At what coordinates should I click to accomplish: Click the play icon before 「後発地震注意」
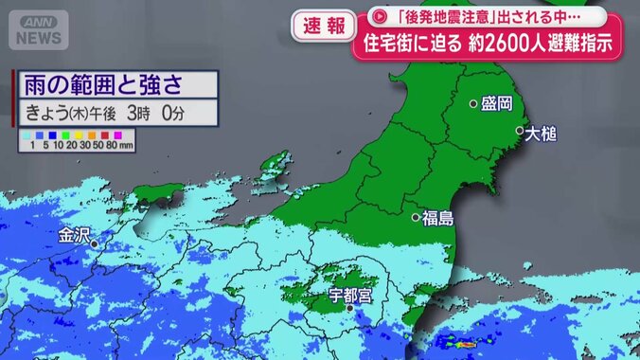[379, 16]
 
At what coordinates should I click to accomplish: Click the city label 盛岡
[497, 103]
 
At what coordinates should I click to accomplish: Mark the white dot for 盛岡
[473, 104]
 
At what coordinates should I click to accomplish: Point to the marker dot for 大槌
[519, 131]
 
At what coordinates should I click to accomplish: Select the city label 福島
[438, 218]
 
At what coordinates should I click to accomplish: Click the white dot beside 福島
[416, 218]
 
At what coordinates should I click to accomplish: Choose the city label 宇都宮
[351, 294]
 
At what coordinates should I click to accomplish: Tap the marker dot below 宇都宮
[350, 308]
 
